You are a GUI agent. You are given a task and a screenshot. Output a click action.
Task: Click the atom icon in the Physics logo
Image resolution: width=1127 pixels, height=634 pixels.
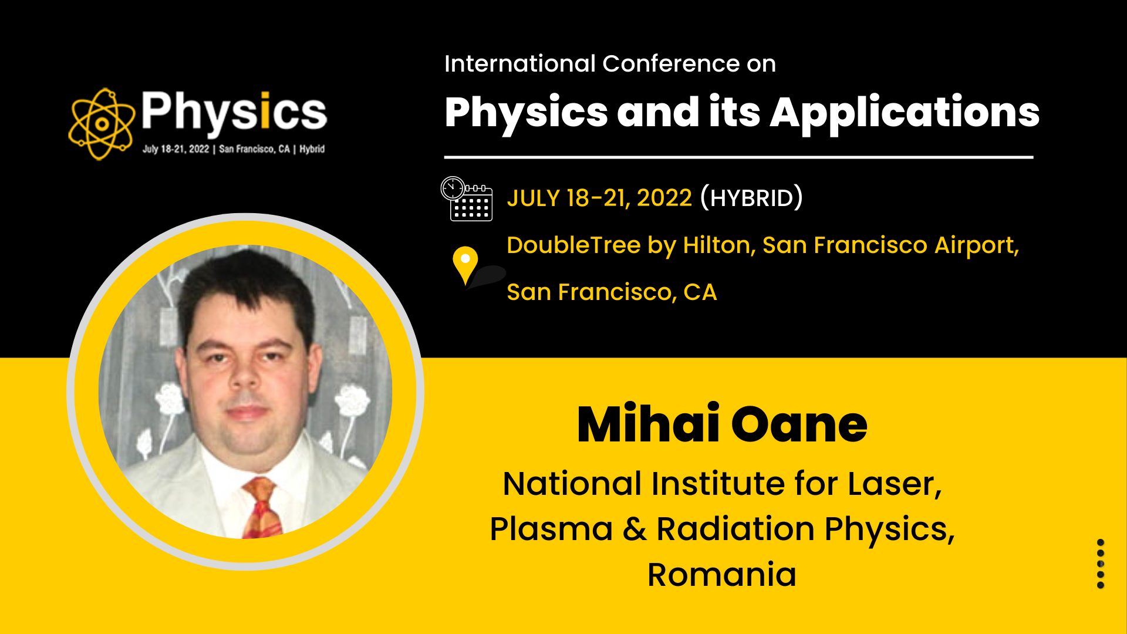102,124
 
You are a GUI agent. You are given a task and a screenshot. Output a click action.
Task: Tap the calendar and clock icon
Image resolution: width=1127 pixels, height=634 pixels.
467,198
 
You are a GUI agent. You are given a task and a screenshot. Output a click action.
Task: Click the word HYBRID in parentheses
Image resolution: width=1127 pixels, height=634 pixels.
751,198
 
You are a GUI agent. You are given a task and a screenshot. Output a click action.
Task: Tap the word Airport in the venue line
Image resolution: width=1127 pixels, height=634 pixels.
977,246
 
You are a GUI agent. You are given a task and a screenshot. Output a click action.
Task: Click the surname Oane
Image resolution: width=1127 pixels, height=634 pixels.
799,424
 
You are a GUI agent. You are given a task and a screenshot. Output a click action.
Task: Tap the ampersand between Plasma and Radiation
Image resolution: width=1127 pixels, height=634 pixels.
635,529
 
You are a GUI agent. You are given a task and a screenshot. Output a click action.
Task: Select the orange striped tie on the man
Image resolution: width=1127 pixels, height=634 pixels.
262,507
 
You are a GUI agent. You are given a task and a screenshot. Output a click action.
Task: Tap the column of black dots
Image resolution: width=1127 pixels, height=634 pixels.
1101,564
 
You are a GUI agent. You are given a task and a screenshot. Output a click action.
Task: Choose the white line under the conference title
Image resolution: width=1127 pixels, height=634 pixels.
738,157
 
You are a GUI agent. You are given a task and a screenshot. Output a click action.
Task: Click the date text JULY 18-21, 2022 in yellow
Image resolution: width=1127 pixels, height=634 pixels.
599,198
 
